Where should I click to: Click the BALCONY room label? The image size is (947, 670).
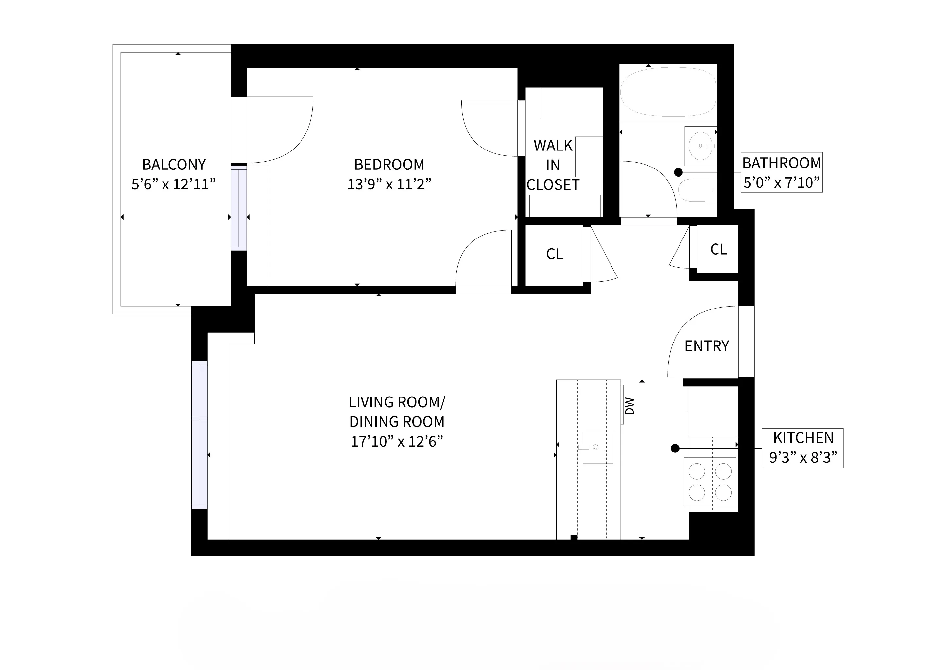click(x=174, y=165)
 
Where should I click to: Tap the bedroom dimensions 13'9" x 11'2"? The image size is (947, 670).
click(x=389, y=184)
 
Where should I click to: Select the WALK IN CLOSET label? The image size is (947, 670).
click(x=553, y=165)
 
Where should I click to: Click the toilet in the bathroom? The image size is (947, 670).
click(x=697, y=190)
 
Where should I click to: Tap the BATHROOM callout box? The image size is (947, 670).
click(x=781, y=172)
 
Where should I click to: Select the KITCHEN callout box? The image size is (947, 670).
click(x=802, y=448)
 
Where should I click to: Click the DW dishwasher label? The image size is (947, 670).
click(x=629, y=406)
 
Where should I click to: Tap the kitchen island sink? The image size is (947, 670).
click(x=597, y=447)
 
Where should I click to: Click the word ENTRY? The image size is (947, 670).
click(x=707, y=346)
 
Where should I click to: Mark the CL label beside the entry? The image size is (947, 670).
click(x=718, y=249)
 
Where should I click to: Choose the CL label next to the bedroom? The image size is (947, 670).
click(x=554, y=254)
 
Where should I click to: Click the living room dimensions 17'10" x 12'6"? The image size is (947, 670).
click(x=397, y=441)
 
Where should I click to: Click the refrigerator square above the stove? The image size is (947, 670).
click(x=712, y=411)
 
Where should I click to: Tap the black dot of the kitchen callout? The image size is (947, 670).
click(x=675, y=448)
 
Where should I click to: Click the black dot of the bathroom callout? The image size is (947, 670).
click(x=678, y=172)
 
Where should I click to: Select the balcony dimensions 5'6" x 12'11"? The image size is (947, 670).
click(x=174, y=184)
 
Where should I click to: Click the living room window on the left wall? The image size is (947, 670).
click(x=199, y=435)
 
